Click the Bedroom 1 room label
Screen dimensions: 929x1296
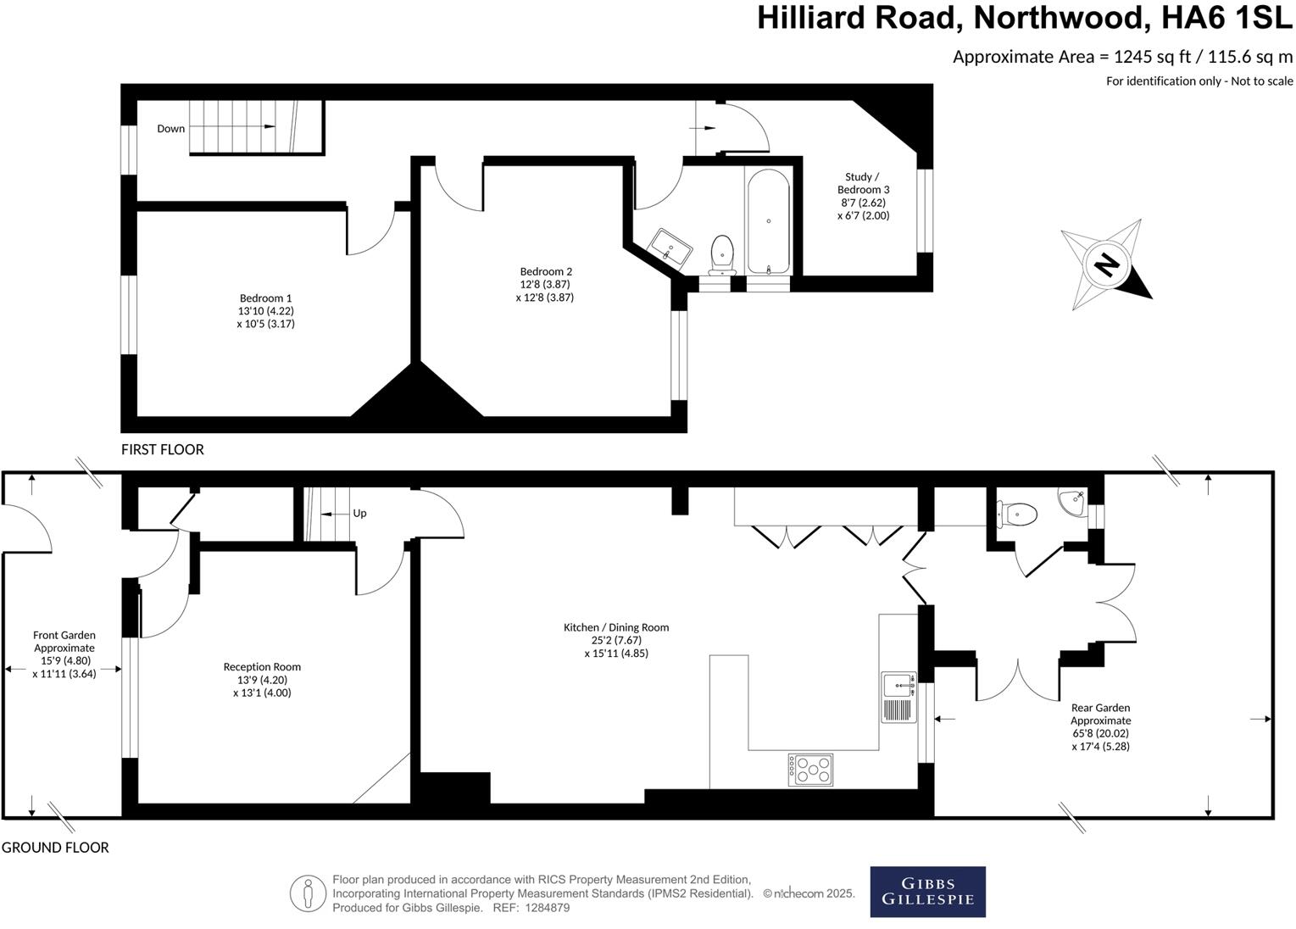tap(265, 310)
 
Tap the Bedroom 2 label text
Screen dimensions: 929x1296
tap(545, 285)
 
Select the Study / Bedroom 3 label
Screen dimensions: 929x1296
tap(863, 196)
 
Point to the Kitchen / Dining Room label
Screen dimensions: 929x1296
tap(616, 640)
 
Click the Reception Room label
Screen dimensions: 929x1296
tap(262, 679)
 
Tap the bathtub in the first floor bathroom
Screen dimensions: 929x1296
tap(768, 220)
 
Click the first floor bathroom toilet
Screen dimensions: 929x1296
tap(722, 253)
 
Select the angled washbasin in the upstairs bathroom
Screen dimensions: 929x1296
tap(670, 248)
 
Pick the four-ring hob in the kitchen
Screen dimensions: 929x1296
tap(810, 770)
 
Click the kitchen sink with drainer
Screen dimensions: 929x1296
tap(898, 696)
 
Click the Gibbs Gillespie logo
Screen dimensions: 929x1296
tap(927, 892)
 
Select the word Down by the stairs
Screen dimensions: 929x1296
tap(170, 129)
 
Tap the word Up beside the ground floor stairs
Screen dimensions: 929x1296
tap(359, 514)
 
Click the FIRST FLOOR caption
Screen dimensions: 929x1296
tap(163, 449)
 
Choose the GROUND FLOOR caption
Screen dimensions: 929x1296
tap(55, 847)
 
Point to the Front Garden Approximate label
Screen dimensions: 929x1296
tap(64, 654)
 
